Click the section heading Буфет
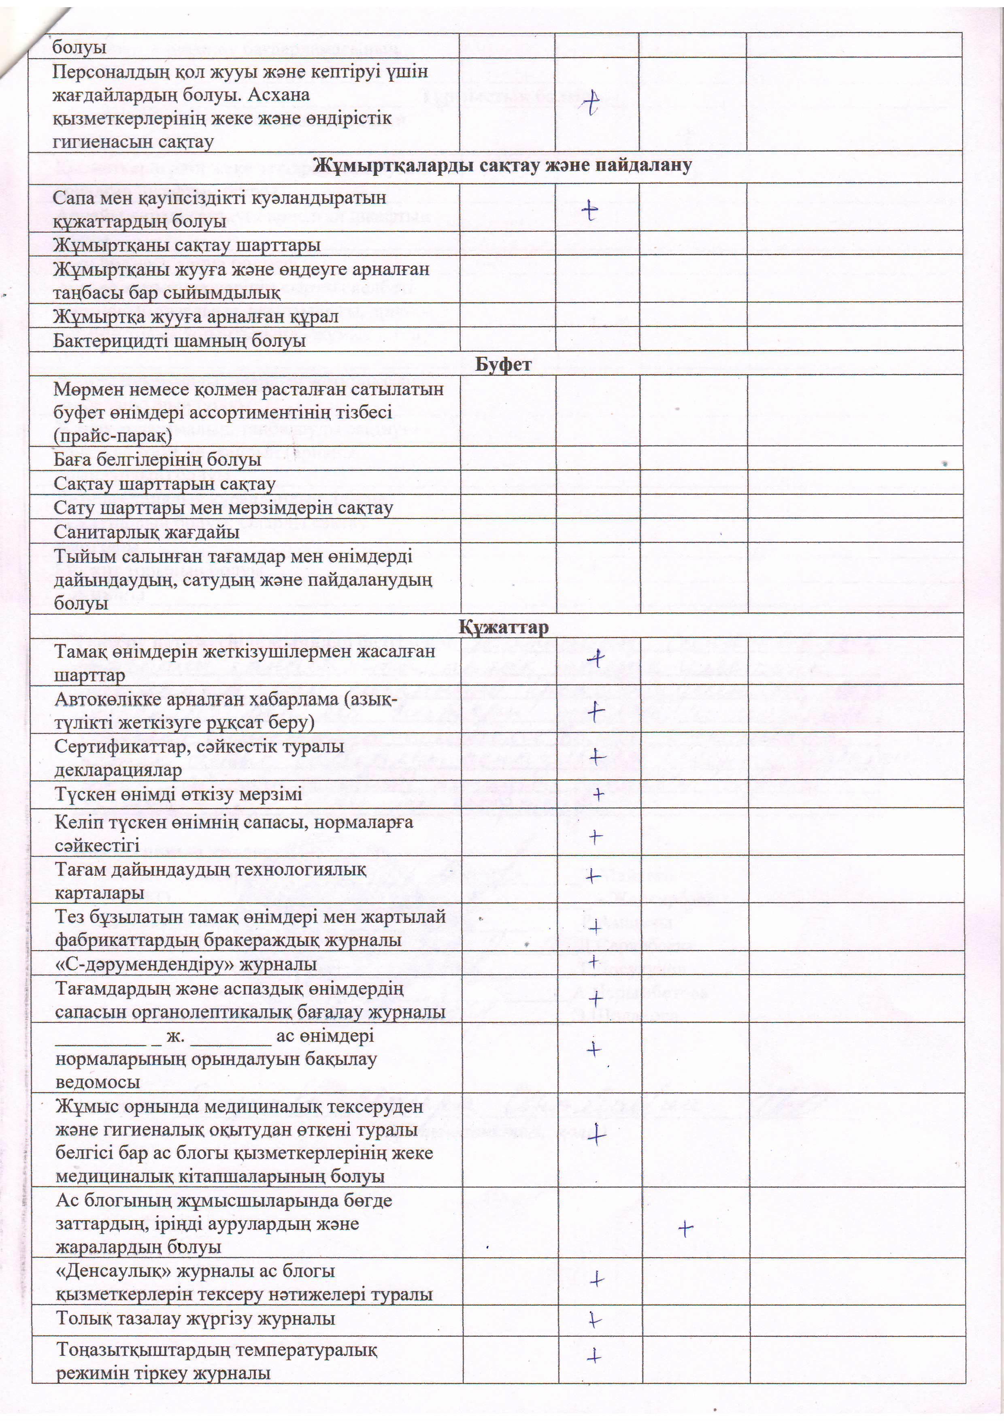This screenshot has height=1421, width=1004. [x=503, y=364]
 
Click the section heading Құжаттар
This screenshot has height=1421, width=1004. [x=503, y=627]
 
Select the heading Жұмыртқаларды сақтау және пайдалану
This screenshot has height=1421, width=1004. [x=502, y=165]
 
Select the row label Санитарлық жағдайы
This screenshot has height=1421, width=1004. [x=147, y=531]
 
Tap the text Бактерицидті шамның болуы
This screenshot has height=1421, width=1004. [x=179, y=340]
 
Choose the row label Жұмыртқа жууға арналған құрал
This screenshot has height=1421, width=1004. [x=196, y=317]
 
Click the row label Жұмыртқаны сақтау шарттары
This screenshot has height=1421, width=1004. [x=186, y=245]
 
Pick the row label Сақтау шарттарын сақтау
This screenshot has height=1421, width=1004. [x=164, y=483]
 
